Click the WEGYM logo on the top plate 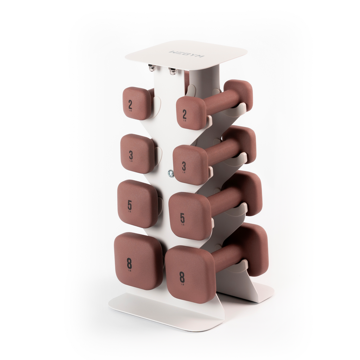183,54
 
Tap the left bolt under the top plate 152,67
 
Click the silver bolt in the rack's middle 171,173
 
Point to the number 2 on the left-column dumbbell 130,104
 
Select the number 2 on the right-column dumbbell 184,114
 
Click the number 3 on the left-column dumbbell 131,155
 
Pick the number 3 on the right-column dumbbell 184,166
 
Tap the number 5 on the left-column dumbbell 130,205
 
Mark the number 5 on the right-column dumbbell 182,218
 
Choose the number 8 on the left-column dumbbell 129,263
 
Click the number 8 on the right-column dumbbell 182,277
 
